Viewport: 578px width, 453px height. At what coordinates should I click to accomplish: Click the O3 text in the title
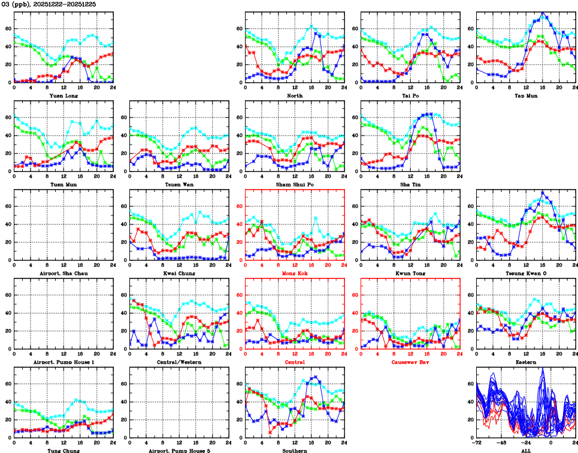pyautogui.click(x=6, y=4)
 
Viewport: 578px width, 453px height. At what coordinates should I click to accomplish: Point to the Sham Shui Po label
pyautogui.click(x=294, y=184)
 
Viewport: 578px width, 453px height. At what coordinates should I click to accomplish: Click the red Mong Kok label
pyautogui.click(x=294, y=273)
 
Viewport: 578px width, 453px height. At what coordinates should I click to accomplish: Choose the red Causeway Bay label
pyautogui.click(x=410, y=362)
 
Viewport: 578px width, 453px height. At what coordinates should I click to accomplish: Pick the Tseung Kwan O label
pyautogui.click(x=526, y=273)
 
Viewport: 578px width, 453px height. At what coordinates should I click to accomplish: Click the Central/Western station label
pyautogui.click(x=178, y=362)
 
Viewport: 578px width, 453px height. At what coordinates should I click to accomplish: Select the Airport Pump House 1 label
pyautogui.click(x=63, y=362)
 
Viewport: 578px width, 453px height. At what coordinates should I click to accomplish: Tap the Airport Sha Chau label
pyautogui.click(x=63, y=273)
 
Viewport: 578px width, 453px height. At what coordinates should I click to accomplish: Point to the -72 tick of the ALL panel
pyautogui.click(x=477, y=443)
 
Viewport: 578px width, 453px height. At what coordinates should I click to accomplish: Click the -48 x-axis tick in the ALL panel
pyautogui.click(x=501, y=443)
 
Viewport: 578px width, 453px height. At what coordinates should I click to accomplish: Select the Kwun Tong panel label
pyautogui.click(x=410, y=273)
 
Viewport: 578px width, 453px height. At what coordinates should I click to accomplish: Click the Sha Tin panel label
pyautogui.click(x=410, y=184)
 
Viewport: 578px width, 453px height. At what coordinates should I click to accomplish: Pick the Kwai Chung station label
pyautogui.click(x=178, y=273)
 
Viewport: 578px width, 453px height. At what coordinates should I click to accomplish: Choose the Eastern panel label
pyautogui.click(x=526, y=362)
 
